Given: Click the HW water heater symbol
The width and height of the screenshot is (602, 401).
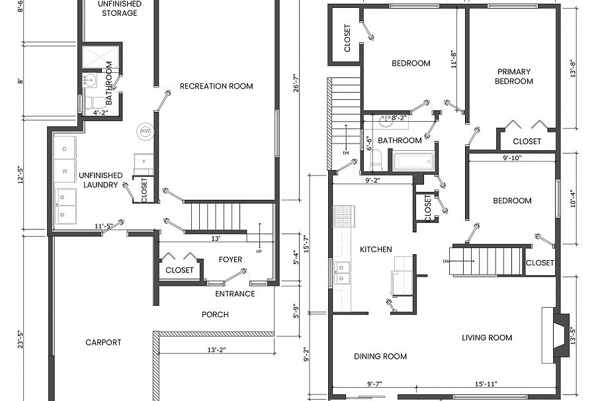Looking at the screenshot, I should [145, 131].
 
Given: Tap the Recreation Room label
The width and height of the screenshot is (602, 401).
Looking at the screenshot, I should [216, 86].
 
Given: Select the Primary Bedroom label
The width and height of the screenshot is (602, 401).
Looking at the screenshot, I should [515, 76].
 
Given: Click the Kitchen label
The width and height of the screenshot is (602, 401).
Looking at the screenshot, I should [376, 249].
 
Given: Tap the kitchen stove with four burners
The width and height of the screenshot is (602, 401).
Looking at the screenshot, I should [343, 216].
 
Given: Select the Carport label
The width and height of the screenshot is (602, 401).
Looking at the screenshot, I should [103, 342].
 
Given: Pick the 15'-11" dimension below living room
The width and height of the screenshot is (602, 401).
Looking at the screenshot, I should [486, 384].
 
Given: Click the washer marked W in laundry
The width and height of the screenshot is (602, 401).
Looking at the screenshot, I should [65, 171].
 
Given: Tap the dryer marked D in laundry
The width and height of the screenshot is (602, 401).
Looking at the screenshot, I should [65, 150].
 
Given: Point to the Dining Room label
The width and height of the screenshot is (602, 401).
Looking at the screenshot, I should [380, 357].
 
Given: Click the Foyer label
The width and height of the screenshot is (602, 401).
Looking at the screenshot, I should [230, 259].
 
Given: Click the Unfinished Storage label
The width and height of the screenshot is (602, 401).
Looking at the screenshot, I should [119, 9].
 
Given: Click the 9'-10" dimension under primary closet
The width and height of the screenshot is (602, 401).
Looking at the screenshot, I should [511, 157].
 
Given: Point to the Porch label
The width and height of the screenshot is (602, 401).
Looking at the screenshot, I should [215, 314].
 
